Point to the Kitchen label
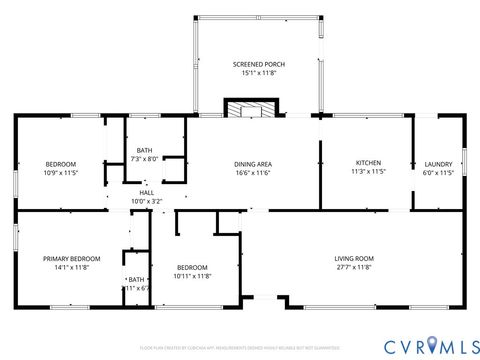point(369,163)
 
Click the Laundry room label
point(438,164)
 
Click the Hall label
point(147,192)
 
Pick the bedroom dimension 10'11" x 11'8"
point(192,276)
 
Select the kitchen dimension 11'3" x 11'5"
point(369,172)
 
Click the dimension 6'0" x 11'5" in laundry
point(438,173)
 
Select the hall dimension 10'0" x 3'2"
point(147,201)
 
